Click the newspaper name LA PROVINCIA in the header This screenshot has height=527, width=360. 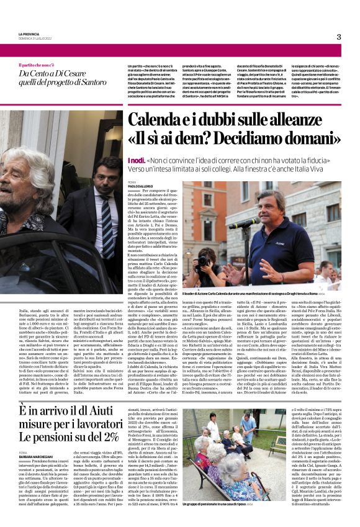point(30,34)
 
